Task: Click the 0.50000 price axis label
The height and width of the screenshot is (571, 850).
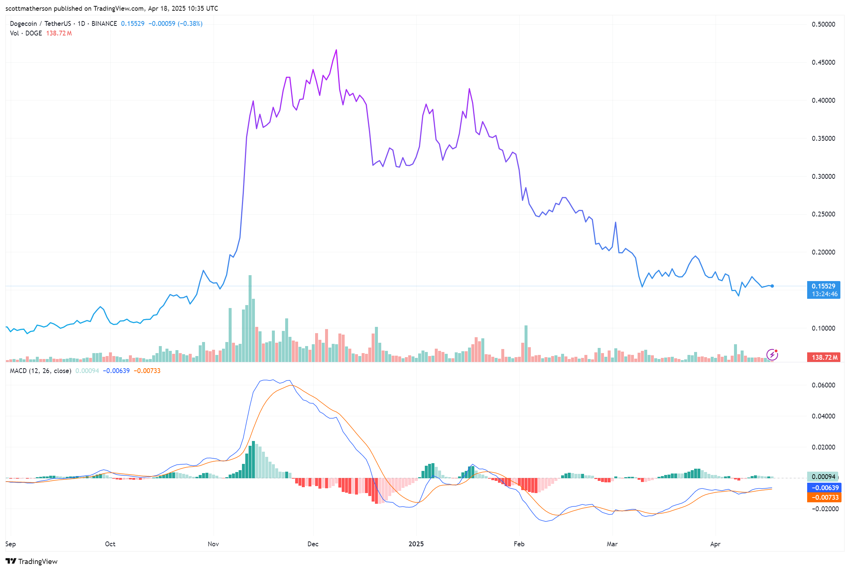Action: click(823, 24)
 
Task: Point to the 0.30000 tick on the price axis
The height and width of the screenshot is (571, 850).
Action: click(823, 177)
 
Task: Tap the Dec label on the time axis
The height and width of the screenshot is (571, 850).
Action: click(313, 544)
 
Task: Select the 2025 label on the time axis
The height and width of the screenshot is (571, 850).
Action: click(416, 544)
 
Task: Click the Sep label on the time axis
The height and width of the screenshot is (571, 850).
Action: click(11, 544)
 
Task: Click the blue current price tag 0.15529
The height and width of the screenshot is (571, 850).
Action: click(823, 286)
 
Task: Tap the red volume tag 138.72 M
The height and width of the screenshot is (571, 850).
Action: click(823, 358)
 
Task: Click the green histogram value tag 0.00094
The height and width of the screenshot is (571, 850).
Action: click(822, 477)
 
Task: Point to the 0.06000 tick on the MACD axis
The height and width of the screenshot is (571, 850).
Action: click(823, 385)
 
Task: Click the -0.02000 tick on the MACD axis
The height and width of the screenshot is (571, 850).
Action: click(823, 509)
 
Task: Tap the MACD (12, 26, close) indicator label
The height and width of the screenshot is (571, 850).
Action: click(40, 371)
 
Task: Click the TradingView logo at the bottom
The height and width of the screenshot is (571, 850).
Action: click(32, 561)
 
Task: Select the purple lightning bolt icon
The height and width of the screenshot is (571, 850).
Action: click(772, 355)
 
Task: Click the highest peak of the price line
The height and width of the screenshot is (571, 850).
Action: click(336, 50)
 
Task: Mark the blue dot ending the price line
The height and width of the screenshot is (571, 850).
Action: click(772, 286)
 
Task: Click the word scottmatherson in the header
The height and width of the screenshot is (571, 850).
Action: click(28, 8)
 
